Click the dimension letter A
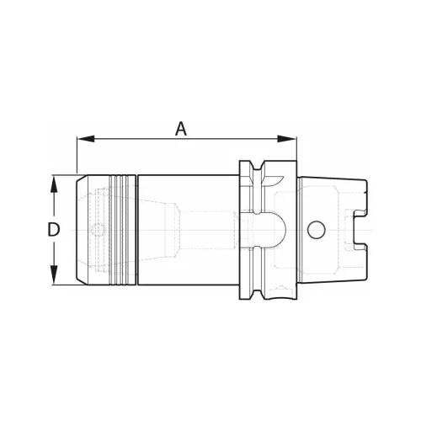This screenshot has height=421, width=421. (x=181, y=129)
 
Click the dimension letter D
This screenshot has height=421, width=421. (x=53, y=229)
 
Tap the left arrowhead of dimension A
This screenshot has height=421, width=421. (x=86, y=138)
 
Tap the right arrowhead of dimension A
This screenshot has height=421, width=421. (x=287, y=139)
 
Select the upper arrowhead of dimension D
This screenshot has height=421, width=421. (x=54, y=184)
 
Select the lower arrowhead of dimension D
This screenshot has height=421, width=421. (x=54, y=275)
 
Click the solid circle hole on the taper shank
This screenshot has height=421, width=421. (x=317, y=230)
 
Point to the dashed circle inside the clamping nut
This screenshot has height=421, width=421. (x=99, y=230)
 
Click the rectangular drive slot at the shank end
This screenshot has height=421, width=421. (x=360, y=230)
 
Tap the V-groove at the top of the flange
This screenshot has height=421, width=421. (x=258, y=166)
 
